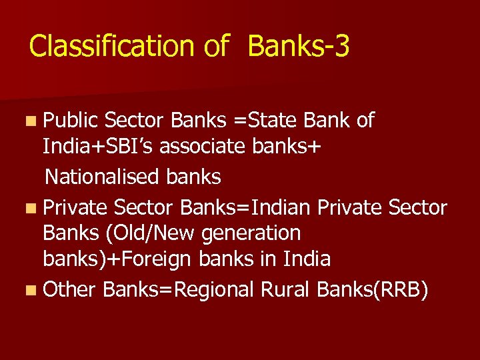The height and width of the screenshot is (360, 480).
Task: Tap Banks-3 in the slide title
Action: tap(298, 47)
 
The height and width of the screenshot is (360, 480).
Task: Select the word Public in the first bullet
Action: tap(71, 121)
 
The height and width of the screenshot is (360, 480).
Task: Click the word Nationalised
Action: tap(101, 177)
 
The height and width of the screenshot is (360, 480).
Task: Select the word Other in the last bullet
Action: tap(70, 290)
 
